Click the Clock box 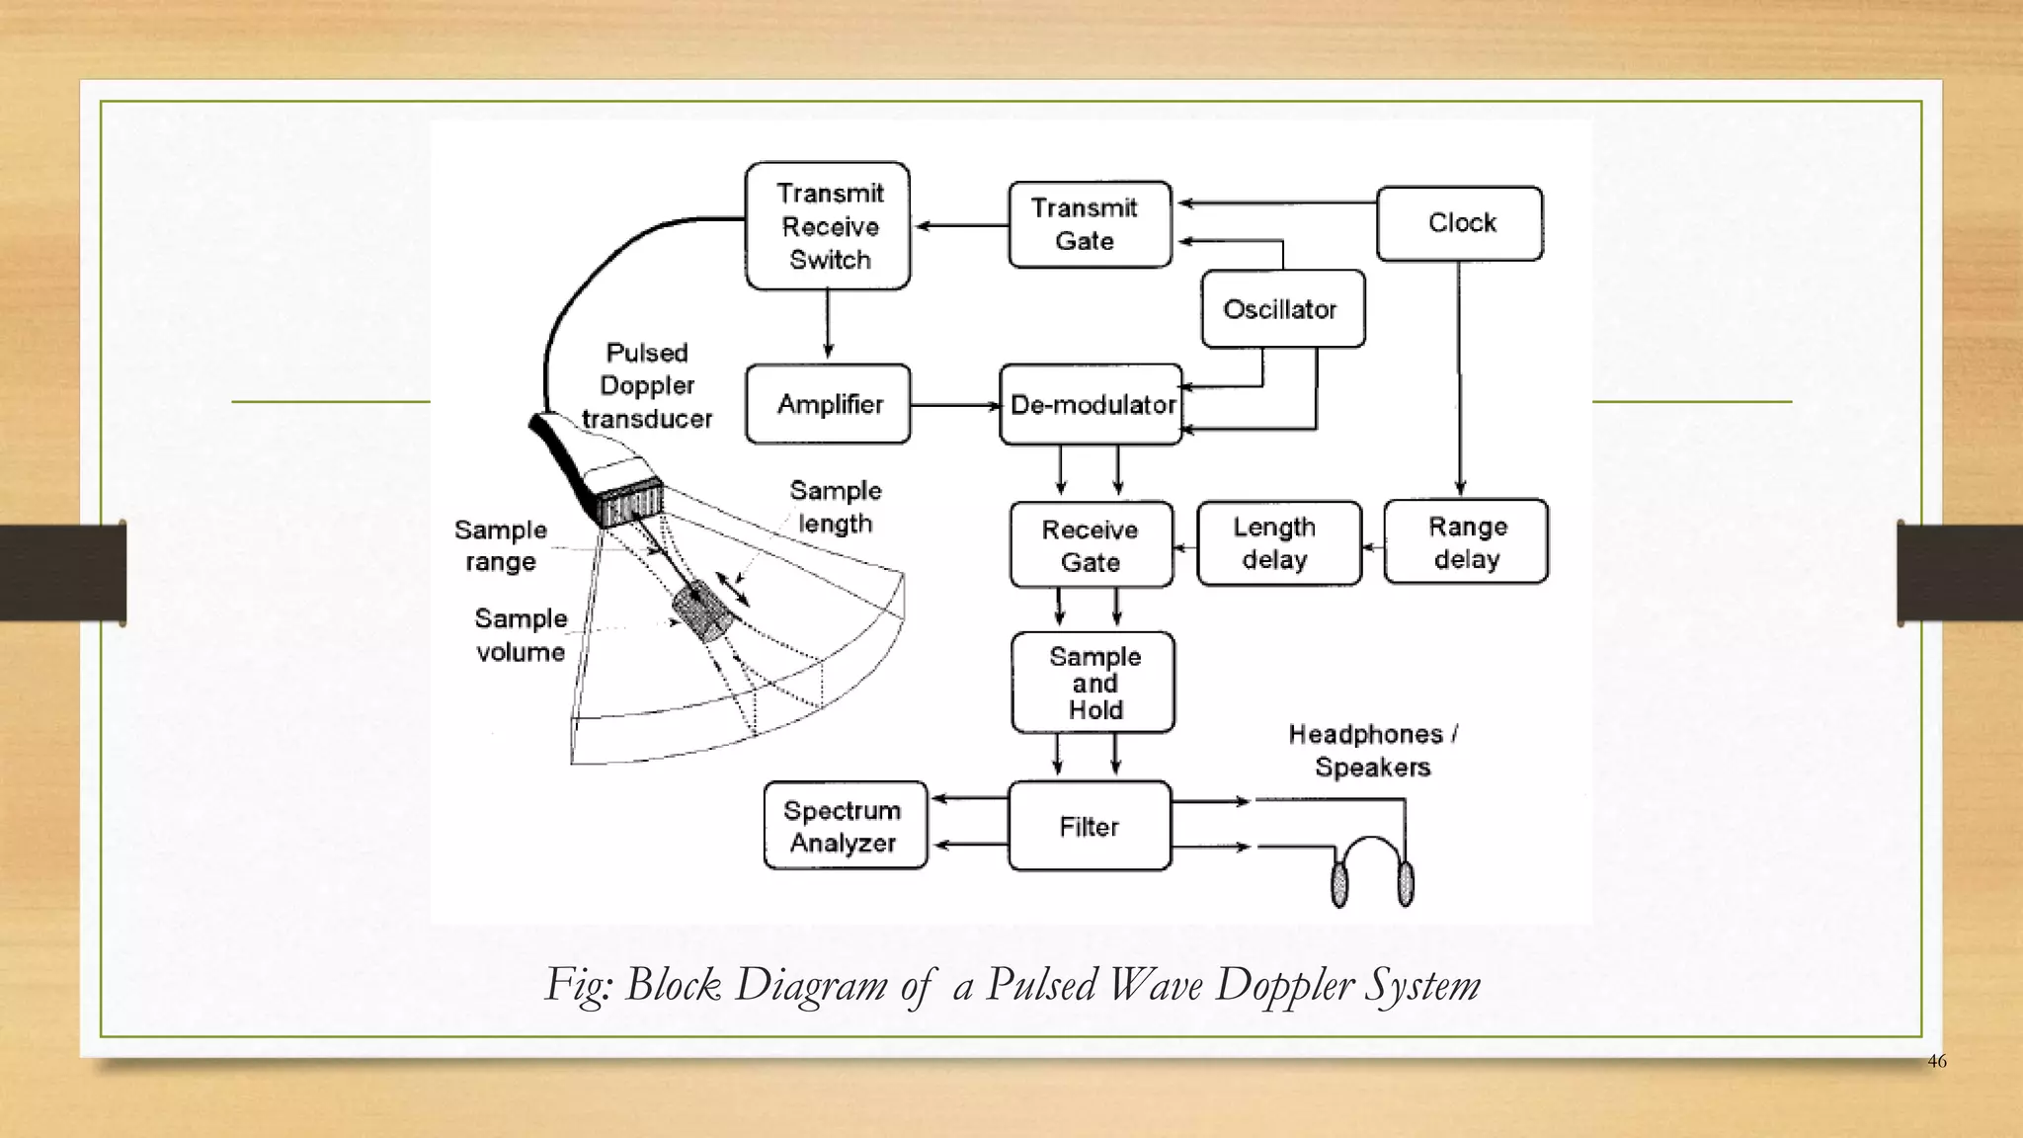click(1460, 223)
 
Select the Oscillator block click(1282, 309)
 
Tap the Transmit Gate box click(1089, 224)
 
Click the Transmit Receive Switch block click(828, 226)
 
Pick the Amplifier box click(828, 404)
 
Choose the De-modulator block click(1091, 404)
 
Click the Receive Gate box click(1091, 545)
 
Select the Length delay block click(1278, 543)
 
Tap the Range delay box click(1466, 542)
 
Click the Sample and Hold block click(1092, 683)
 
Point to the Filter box click(1089, 826)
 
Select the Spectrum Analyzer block click(845, 826)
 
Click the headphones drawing click(1371, 869)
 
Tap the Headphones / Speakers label click(1373, 750)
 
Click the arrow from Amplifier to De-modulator click(954, 405)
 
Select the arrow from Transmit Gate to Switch click(960, 226)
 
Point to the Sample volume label click(521, 635)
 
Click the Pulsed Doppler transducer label click(647, 385)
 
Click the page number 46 click(1936, 1061)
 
